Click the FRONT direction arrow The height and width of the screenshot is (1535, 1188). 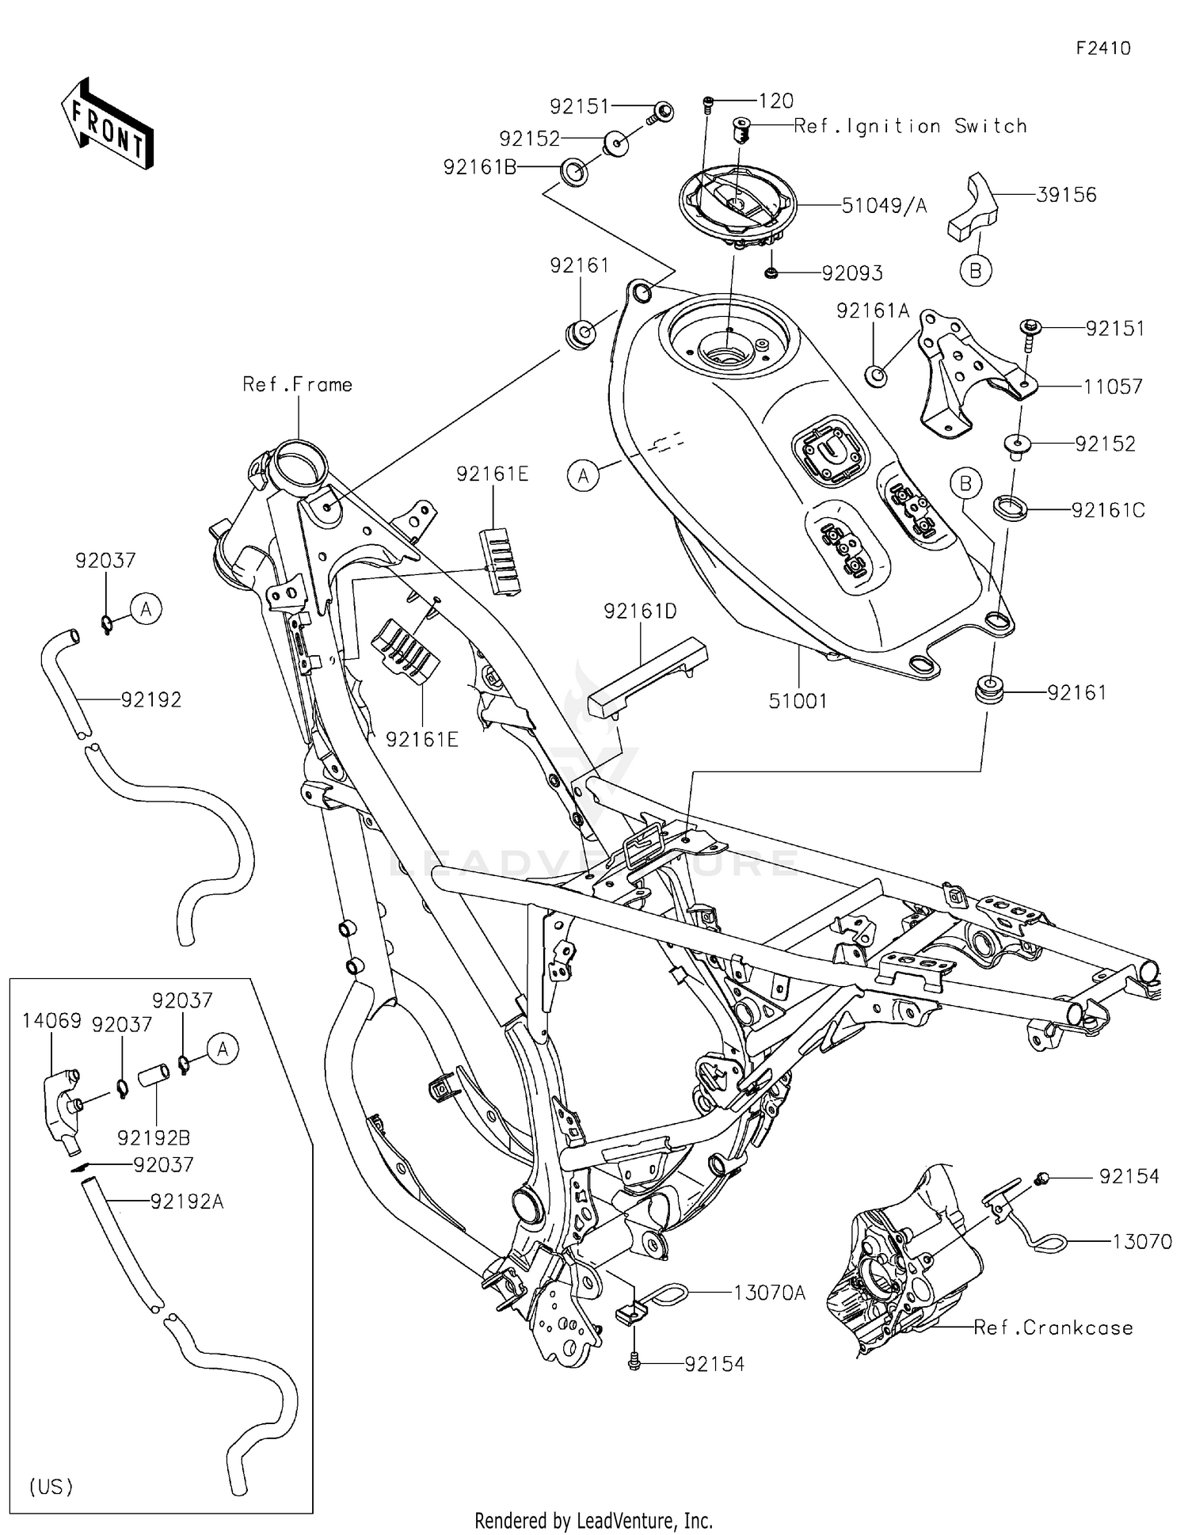(x=108, y=124)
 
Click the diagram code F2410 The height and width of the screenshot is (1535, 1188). (x=1102, y=48)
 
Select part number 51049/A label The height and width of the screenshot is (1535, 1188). (x=883, y=206)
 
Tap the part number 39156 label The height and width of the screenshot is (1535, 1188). (x=1066, y=195)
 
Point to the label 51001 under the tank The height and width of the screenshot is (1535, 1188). (x=798, y=700)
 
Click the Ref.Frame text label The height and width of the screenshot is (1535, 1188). (x=297, y=385)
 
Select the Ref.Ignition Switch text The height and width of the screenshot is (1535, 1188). (x=910, y=126)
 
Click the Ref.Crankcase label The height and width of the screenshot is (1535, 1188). (x=1053, y=1328)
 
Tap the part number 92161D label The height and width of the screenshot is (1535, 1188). (x=640, y=611)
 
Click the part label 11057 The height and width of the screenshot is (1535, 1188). (x=1113, y=387)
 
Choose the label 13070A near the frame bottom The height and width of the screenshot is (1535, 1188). (x=769, y=1293)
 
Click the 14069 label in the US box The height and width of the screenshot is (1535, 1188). (x=51, y=1021)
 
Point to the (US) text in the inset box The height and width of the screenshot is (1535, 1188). (x=51, y=1487)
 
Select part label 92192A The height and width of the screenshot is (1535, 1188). (x=187, y=1202)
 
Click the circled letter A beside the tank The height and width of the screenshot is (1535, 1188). (x=584, y=476)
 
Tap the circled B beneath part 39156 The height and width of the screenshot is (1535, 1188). (x=975, y=271)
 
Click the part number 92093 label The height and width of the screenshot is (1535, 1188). (x=851, y=273)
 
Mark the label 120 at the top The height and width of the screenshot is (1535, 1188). (x=775, y=101)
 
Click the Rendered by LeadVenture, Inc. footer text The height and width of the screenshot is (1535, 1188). (x=593, y=1521)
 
